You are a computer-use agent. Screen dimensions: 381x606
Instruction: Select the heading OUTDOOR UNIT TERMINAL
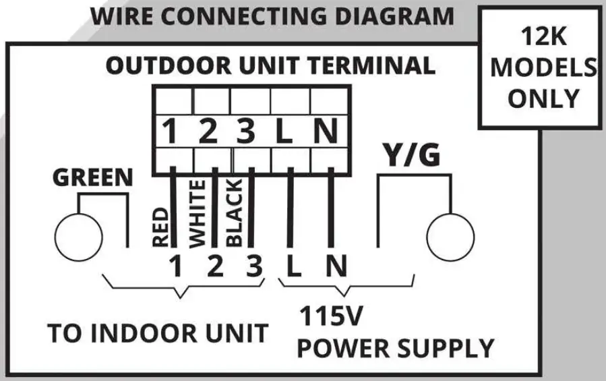270,66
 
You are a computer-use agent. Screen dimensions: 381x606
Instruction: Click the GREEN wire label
93,178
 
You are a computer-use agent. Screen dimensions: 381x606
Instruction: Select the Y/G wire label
412,156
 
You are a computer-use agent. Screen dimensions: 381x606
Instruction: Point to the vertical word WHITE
198,214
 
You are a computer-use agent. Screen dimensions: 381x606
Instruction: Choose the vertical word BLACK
234,214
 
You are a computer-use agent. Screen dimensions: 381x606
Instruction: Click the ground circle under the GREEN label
78,237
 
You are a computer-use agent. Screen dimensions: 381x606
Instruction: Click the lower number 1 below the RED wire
176,268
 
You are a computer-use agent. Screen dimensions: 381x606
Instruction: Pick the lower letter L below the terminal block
294,268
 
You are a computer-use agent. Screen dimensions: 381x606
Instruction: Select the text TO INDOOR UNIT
158,332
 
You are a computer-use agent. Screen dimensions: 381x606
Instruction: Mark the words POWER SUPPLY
396,349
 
